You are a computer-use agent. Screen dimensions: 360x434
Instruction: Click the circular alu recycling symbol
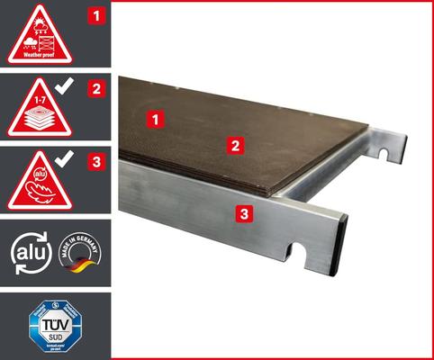click(x=25, y=253)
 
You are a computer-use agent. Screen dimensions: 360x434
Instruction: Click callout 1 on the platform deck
click(x=157, y=118)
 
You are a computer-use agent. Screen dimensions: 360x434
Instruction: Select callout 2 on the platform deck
click(x=232, y=144)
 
